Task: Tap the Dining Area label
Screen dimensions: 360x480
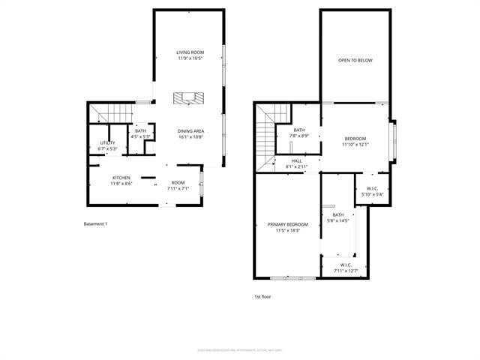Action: [191, 134]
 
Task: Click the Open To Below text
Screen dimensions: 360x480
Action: [355, 60]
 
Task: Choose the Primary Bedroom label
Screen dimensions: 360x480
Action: [288, 227]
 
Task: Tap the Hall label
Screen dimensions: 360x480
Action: [297, 162]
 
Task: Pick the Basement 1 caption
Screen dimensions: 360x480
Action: [95, 223]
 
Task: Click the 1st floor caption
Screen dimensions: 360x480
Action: [262, 297]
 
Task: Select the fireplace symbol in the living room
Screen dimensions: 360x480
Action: [188, 97]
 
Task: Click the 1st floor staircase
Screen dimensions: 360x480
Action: [265, 135]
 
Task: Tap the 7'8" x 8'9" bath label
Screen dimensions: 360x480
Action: [299, 133]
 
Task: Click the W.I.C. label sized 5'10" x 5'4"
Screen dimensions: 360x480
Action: [372, 191]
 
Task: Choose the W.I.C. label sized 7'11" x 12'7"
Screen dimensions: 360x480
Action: [346, 268]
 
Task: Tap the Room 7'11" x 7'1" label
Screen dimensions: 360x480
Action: [178, 185]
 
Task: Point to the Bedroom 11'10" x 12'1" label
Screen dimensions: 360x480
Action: [355, 141]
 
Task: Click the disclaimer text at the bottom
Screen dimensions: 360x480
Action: [239, 349]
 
